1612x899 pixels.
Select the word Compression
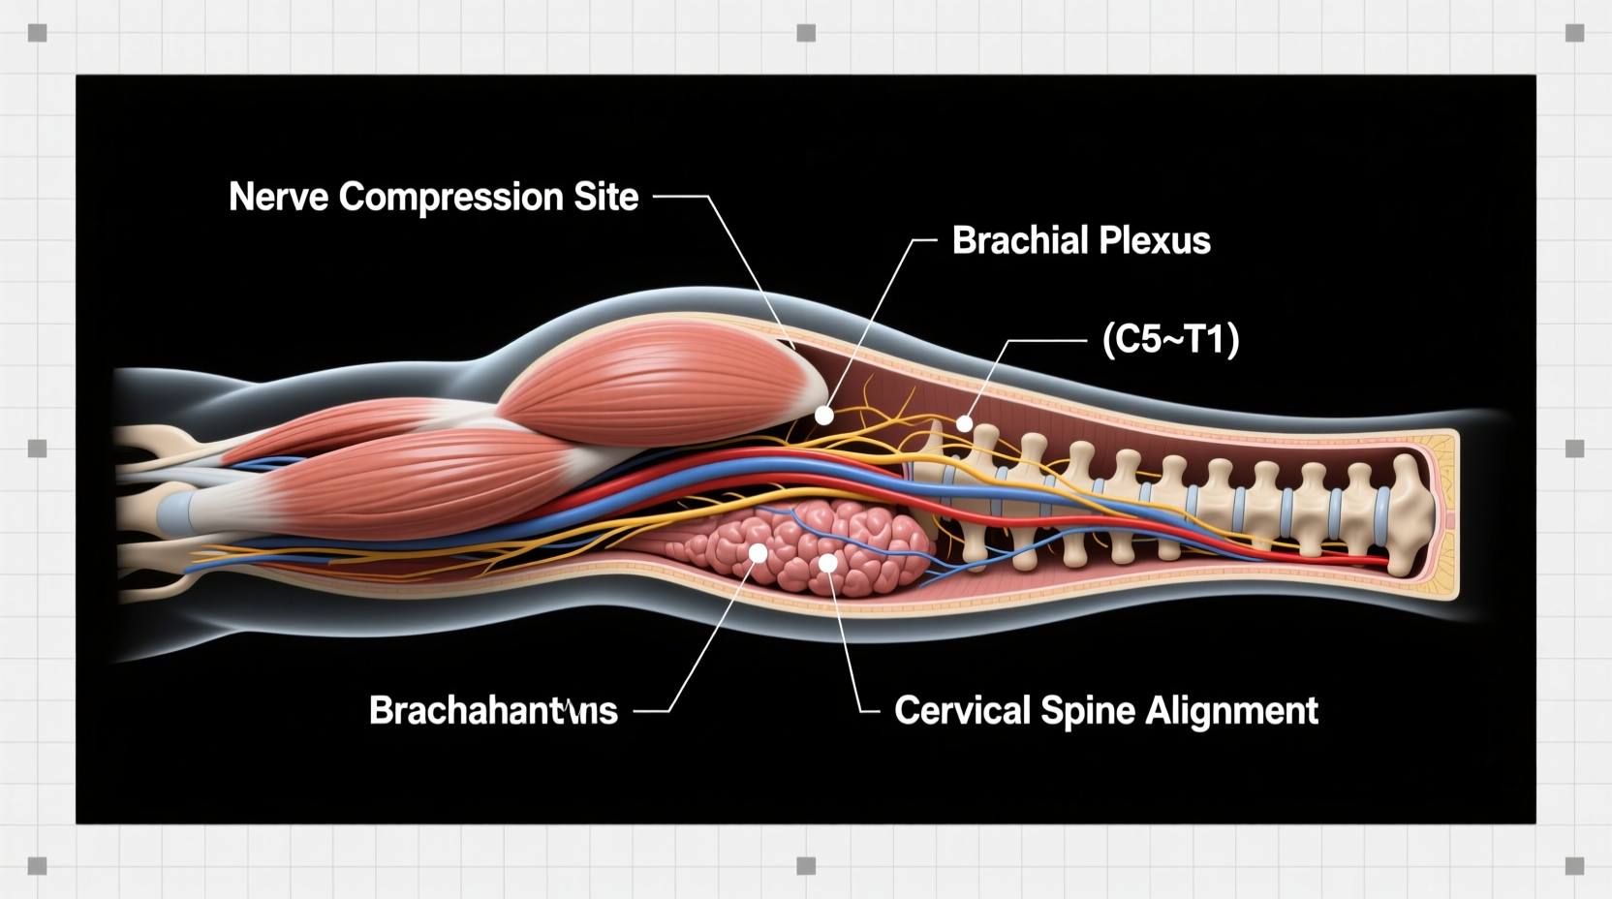[x=450, y=198]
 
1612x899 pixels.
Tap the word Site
[x=605, y=198]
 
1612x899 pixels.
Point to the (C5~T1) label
[x=1170, y=340]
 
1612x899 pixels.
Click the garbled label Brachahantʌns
[x=493, y=711]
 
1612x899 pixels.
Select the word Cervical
[x=962, y=711]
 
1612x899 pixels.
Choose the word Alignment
[x=1231, y=711]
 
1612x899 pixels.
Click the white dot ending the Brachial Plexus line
[x=823, y=416]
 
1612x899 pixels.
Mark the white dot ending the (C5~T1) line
[x=964, y=423]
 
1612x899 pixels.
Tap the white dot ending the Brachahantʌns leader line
[x=759, y=553]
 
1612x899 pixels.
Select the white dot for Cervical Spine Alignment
[x=827, y=562]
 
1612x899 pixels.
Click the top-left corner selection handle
[x=38, y=34]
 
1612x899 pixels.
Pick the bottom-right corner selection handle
[x=1574, y=865]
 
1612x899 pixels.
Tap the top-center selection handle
[x=806, y=34]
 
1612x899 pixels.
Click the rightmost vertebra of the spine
[x=1408, y=513]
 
